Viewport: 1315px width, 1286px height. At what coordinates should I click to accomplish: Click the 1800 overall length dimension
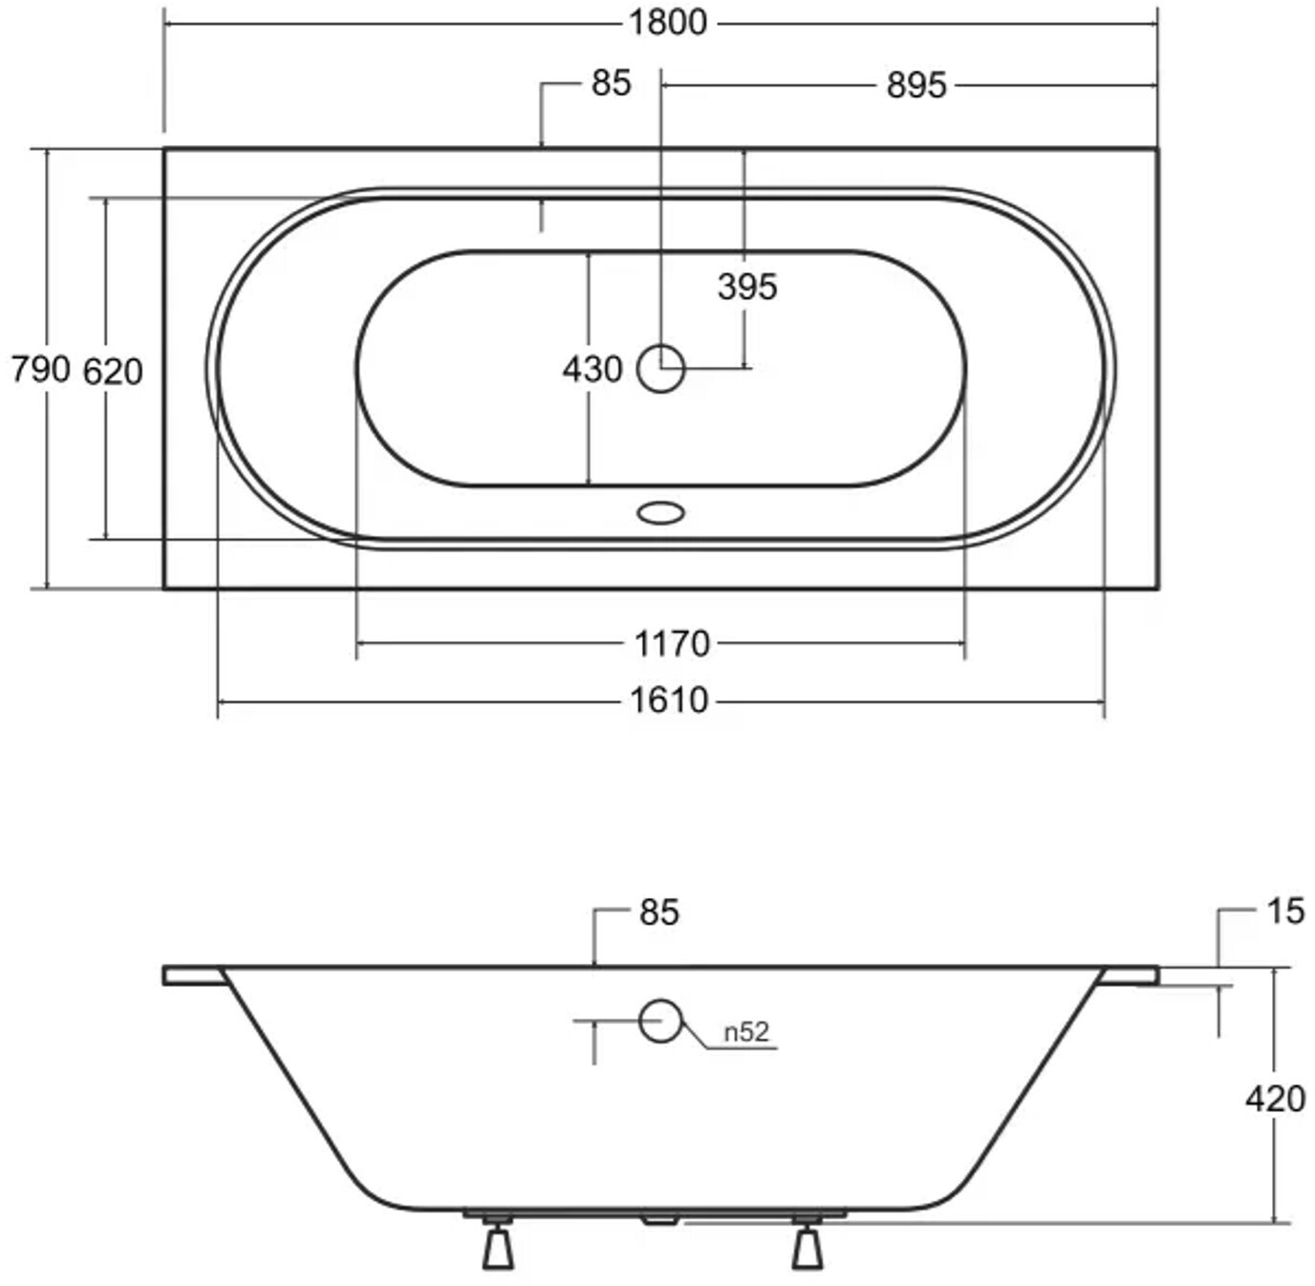668,24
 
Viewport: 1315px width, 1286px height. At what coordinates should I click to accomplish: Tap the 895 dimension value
916,86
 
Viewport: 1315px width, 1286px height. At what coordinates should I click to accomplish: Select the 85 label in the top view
611,84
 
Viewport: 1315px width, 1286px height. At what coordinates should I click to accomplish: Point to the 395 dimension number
747,287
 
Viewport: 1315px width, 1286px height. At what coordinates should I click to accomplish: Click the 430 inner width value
593,370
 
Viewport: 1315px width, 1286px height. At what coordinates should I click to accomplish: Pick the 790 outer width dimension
40,370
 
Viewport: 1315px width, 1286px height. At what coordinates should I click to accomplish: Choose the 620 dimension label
113,373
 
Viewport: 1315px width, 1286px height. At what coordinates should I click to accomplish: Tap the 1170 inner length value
673,644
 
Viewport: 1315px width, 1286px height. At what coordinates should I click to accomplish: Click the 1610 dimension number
670,700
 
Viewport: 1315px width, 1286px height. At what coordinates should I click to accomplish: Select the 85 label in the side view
659,912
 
